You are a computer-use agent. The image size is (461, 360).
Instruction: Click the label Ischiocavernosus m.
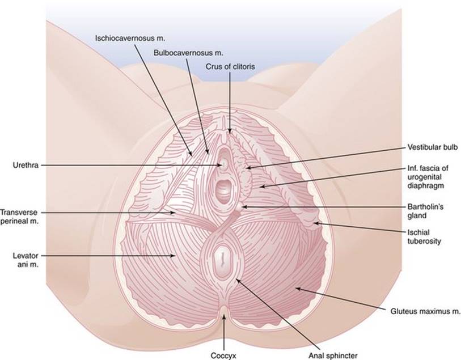click(x=130, y=38)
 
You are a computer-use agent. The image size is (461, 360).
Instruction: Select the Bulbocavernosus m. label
click(x=188, y=53)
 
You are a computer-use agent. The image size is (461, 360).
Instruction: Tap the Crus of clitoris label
click(x=230, y=67)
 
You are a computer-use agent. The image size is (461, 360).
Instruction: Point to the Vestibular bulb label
click(x=433, y=147)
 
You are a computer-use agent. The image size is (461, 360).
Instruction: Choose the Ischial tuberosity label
click(x=424, y=237)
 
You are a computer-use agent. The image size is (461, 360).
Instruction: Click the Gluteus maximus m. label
click(x=425, y=311)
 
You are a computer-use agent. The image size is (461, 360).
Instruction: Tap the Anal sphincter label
click(x=333, y=355)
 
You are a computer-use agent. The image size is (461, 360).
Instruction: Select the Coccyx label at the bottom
click(x=223, y=355)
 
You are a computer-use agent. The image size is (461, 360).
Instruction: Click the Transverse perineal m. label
click(x=19, y=217)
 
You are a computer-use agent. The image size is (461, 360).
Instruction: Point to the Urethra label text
click(x=26, y=165)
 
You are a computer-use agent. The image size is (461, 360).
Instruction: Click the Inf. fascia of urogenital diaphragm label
click(x=428, y=177)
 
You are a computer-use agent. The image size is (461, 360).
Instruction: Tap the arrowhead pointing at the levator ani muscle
click(x=173, y=256)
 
